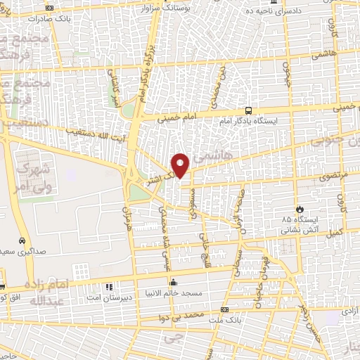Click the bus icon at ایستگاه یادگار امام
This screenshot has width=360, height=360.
[248, 110]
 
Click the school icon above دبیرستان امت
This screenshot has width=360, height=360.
[109, 287]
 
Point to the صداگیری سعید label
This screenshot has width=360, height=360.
[22, 251]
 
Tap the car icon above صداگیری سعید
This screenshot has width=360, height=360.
[22, 240]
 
